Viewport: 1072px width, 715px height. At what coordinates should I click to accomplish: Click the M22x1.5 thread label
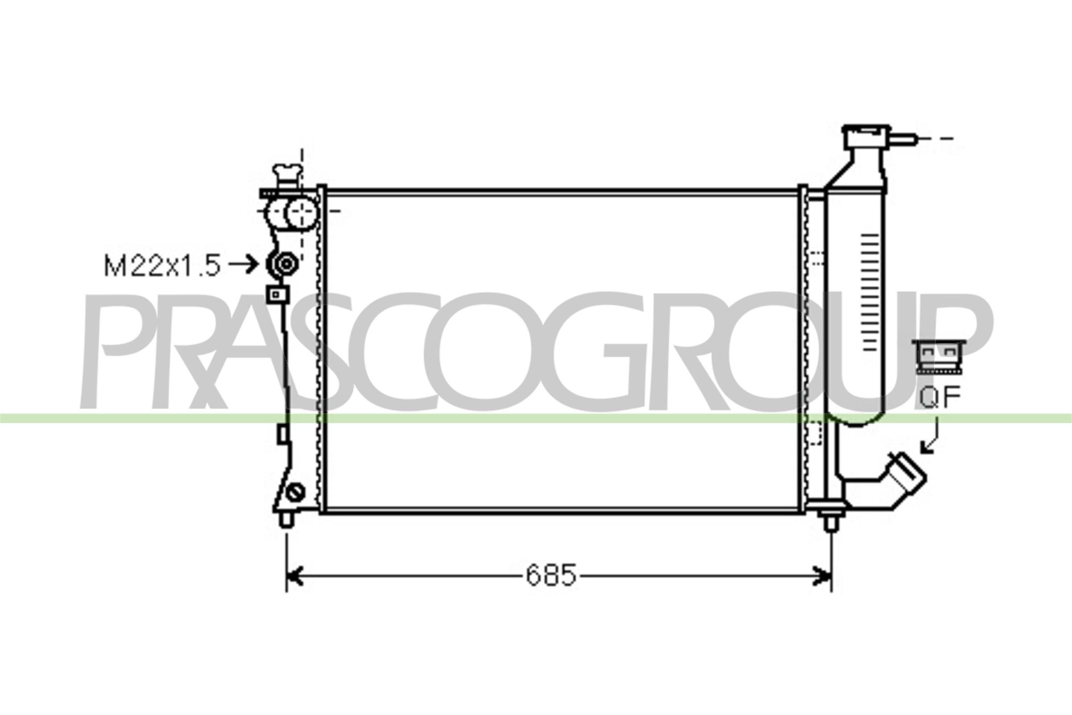pos(162,265)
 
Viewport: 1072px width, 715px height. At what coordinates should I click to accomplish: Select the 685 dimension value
pos(551,575)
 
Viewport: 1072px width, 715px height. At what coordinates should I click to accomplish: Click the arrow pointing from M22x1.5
pos(244,264)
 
